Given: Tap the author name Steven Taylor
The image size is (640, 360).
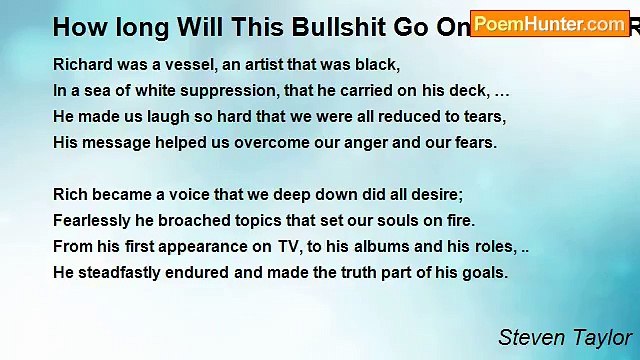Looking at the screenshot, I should tap(564, 337).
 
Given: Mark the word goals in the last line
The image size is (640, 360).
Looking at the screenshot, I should tap(484, 271).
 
